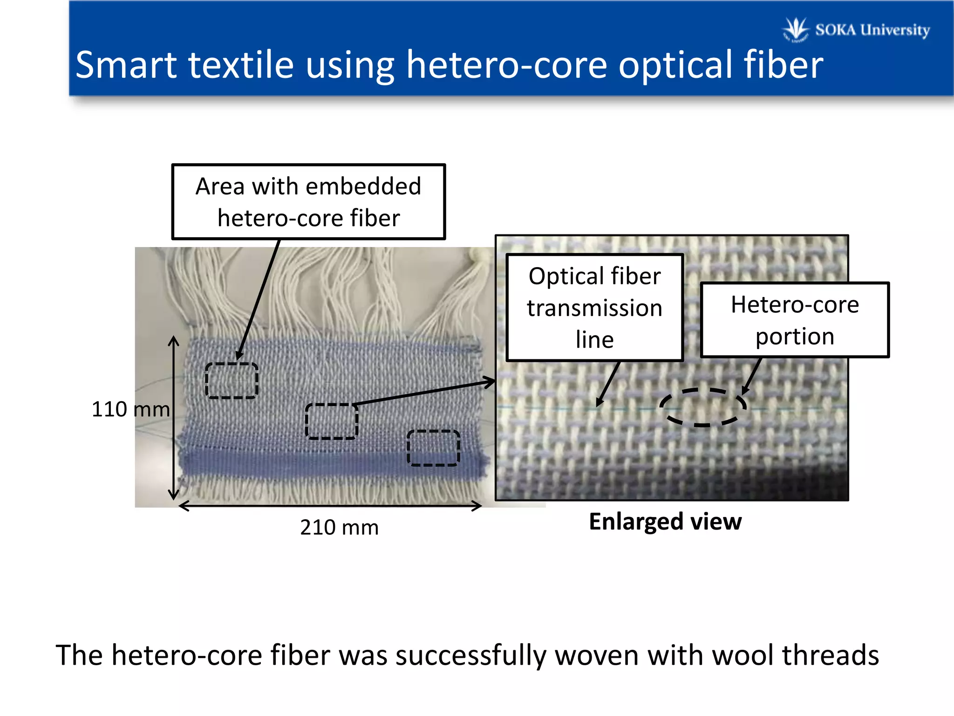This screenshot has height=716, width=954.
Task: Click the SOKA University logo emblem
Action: point(796,29)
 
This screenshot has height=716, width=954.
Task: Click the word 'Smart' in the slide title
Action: point(126,65)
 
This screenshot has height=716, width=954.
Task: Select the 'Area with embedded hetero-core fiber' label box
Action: point(308,202)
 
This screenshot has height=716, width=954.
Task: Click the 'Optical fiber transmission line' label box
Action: point(594,308)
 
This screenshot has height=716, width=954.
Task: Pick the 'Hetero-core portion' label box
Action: point(795,320)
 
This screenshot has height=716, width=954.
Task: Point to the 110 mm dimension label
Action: point(130,409)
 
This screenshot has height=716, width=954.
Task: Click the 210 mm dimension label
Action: point(339,527)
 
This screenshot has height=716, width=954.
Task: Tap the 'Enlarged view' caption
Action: point(665,521)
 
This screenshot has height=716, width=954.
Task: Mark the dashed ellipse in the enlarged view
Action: point(702,407)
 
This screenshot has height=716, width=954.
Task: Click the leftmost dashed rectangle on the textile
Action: point(232,380)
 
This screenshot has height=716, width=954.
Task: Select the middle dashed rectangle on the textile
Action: point(332,421)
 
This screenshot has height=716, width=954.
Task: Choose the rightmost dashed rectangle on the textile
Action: point(433,447)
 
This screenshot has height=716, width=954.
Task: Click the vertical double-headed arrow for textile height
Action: point(174,417)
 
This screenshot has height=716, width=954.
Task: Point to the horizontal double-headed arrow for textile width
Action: point(330,506)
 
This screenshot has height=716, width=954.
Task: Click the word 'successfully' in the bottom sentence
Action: point(470,655)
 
